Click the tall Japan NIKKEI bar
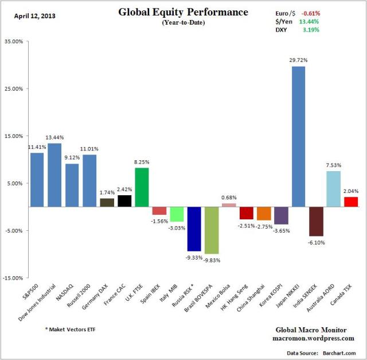pyautogui.click(x=298, y=137)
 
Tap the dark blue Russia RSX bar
pyautogui.click(x=194, y=229)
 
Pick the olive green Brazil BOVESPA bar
pyautogui.click(x=211, y=230)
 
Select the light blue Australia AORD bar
pyautogui.click(x=333, y=189)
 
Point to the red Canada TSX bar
pyautogui.click(x=350, y=202)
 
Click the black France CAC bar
pyautogui.click(x=124, y=201)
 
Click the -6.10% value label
pyautogui.click(x=316, y=243)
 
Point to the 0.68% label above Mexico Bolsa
pyautogui.click(x=229, y=197)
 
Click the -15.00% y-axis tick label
pyautogui.click(x=15, y=278)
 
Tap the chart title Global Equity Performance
pyautogui.click(x=183, y=12)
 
